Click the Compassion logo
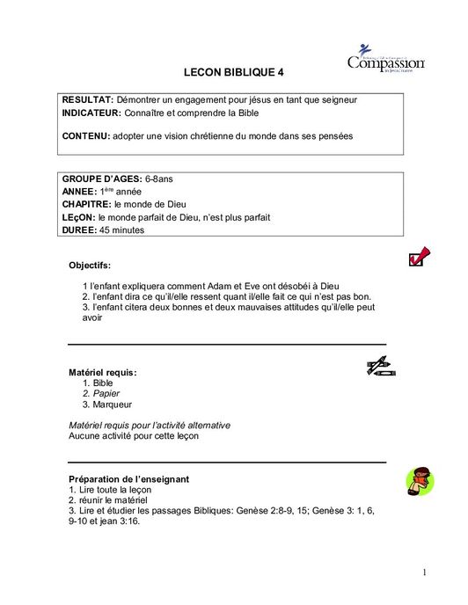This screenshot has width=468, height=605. click(x=385, y=59)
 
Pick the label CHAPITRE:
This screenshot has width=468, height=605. click(x=86, y=204)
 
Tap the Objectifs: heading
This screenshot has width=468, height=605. click(x=90, y=264)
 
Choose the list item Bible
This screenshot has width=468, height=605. click(x=103, y=383)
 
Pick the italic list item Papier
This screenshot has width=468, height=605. click(x=106, y=394)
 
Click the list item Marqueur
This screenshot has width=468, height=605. click(x=112, y=405)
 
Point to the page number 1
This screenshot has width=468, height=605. click(x=424, y=572)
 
